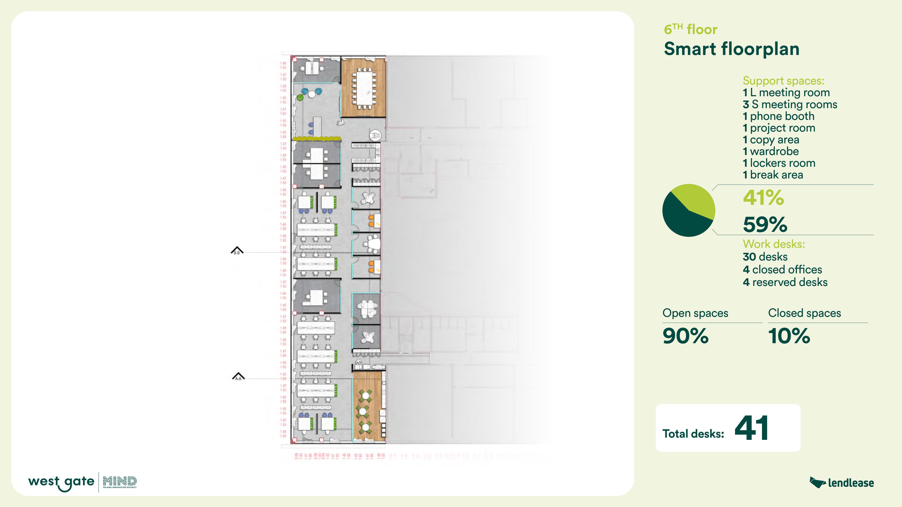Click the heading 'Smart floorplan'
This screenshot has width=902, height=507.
(732, 49)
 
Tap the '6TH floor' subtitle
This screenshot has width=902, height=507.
(690, 29)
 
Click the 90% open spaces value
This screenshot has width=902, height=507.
(685, 336)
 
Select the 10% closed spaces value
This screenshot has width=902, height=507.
(789, 336)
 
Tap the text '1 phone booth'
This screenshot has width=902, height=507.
(778, 116)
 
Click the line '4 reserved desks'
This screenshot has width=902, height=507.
(785, 282)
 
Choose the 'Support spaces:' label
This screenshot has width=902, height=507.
(783, 81)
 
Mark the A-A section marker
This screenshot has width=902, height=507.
(238, 377)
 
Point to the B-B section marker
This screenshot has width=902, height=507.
(237, 251)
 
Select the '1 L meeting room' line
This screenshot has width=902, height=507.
(786, 93)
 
